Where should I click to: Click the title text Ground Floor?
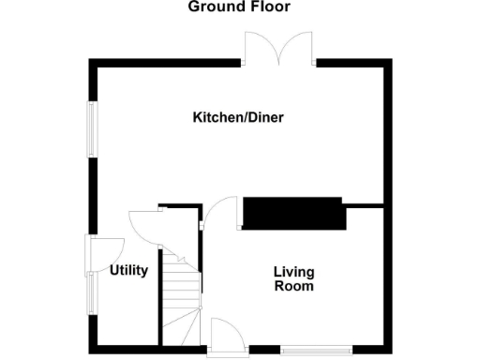pyautogui.click(x=239, y=7)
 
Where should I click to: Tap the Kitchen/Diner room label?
pyautogui.click(x=238, y=118)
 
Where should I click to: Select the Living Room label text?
pyautogui.click(x=293, y=279)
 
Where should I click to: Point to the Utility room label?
pyautogui.click(x=129, y=271)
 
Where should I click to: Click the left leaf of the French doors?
pyautogui.click(x=260, y=47)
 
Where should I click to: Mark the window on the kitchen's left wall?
pyautogui.click(x=92, y=128)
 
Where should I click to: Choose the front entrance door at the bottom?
pyautogui.click(x=225, y=336)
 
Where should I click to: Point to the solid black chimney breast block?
pyautogui.click(x=293, y=214)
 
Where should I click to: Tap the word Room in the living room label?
pyautogui.click(x=293, y=287)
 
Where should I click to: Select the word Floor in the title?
pyautogui.click(x=270, y=7)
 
